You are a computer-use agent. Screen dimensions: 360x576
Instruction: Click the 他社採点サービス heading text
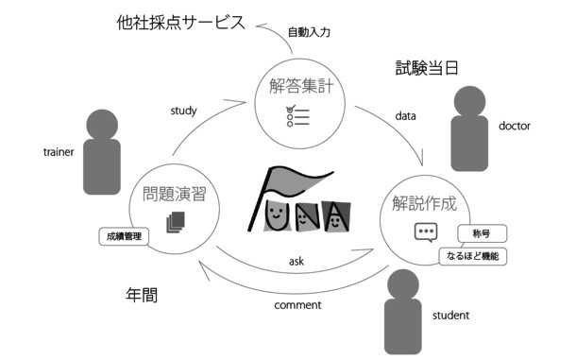pos(178,22)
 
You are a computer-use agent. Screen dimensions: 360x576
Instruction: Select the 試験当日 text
pos(426,68)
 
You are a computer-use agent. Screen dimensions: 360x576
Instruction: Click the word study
pos(183,111)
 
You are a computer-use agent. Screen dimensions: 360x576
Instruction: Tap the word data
pos(406,116)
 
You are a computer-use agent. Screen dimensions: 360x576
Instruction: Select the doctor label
pos(515,126)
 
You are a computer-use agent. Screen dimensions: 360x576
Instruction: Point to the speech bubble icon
pos(426,232)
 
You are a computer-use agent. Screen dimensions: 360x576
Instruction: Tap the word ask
pos(296,261)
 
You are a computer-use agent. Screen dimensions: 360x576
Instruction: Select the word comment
pos(297,304)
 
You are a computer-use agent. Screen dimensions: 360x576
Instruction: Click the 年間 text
pos(142,294)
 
